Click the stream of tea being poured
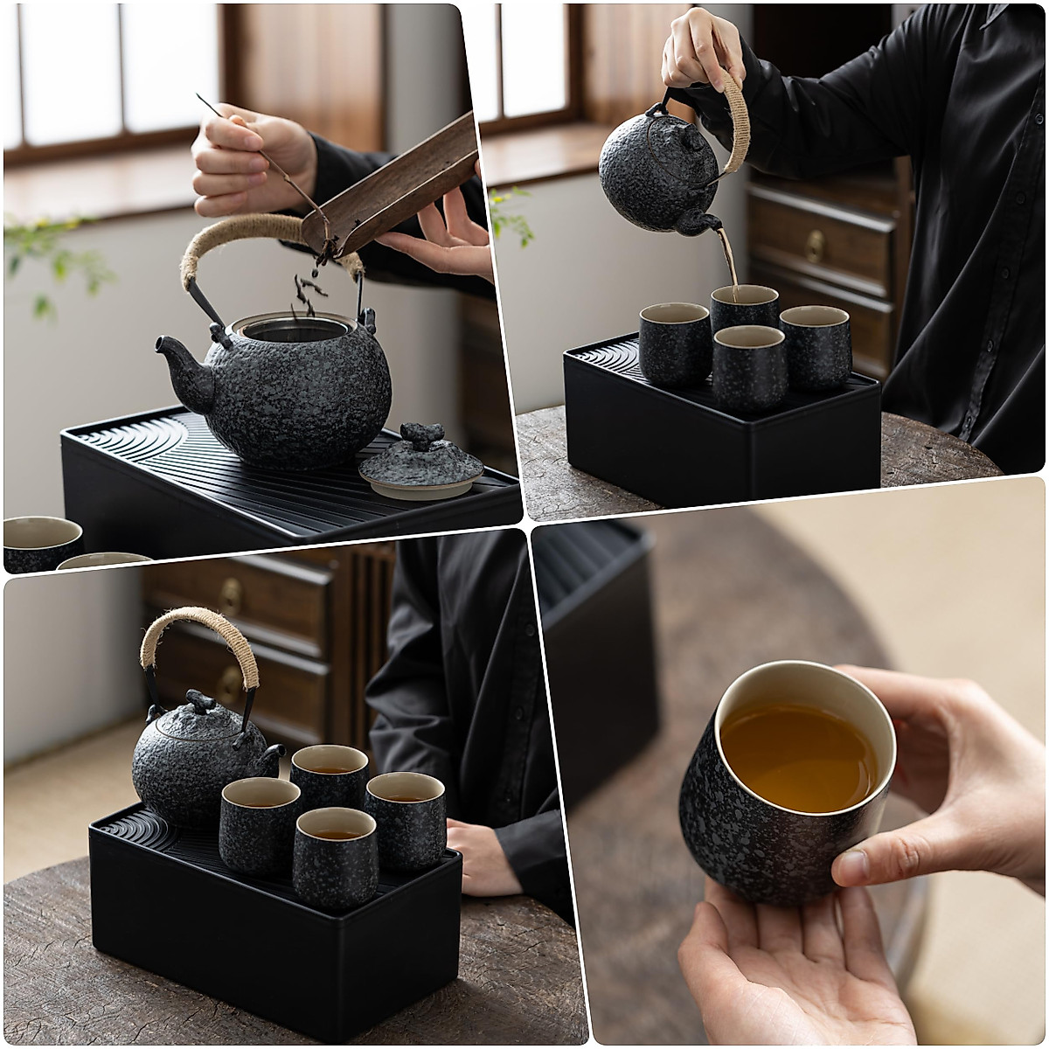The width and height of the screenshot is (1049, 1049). [728, 258]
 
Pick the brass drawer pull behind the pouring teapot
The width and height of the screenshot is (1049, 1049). [815, 247]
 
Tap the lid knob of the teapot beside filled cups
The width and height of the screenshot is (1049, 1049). [200, 700]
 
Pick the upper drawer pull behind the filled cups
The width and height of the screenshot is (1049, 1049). [231, 595]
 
